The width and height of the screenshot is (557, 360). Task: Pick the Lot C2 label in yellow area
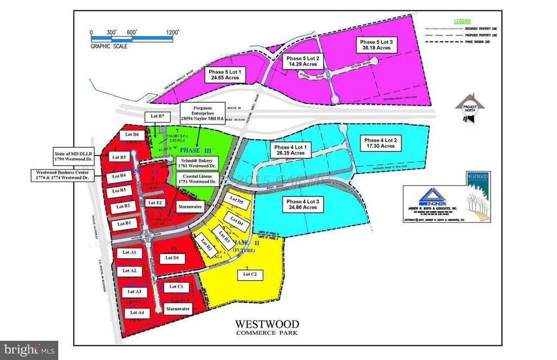(x=249, y=275)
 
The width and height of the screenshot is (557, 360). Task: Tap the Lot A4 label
(x=137, y=313)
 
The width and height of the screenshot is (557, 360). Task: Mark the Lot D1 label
(x=172, y=257)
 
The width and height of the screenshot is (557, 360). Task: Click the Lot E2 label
(x=155, y=203)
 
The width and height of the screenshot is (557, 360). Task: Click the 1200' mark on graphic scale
(x=172, y=33)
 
